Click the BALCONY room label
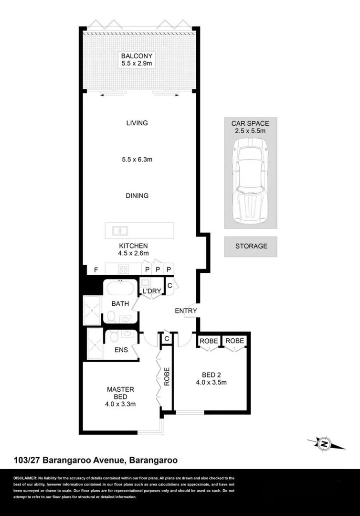pos(137,55)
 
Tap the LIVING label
pos(137,123)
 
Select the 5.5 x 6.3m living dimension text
pos(137,159)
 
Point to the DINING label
pos(137,195)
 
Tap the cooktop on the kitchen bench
pos(124,269)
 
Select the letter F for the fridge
pos(96,270)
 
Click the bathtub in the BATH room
pos(120,289)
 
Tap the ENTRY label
pos(186,311)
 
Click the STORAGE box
pos(251,247)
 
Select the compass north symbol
pos(325,444)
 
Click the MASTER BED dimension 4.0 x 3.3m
pos(120,404)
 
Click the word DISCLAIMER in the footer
pos(25,478)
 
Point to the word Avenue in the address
pos(104,461)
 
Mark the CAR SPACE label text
pos(251,123)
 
